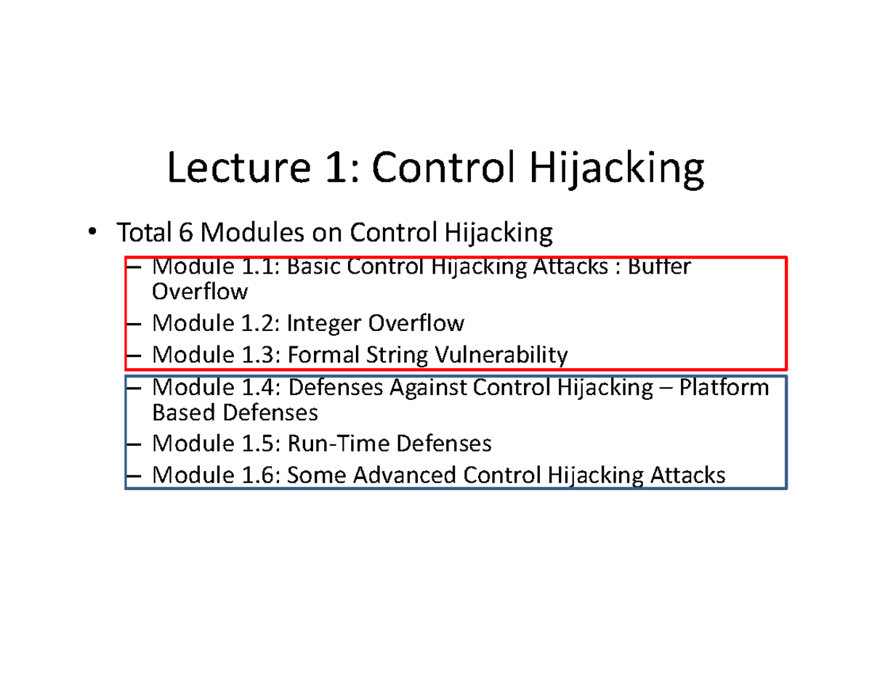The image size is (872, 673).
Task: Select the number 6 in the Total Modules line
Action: (185, 233)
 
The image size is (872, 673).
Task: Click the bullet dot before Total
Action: (91, 232)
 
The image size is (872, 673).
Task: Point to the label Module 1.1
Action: (216, 267)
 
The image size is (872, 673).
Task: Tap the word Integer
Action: (325, 322)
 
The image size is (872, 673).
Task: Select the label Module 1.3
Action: (216, 355)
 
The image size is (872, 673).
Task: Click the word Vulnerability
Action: (501, 355)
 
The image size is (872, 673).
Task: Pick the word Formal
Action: (319, 355)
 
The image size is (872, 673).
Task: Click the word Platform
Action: (724, 388)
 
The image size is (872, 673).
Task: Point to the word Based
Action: (184, 413)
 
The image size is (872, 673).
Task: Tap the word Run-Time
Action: (331, 443)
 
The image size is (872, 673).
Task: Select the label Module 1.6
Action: (216, 476)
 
